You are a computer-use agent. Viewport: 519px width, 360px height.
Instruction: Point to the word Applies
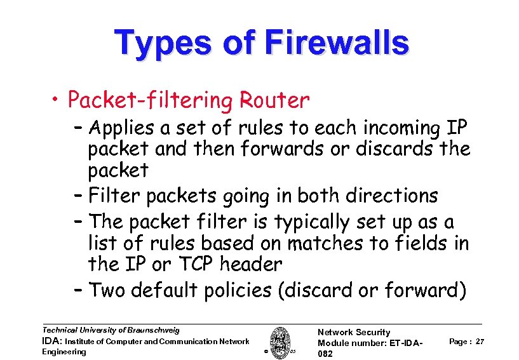click(122, 130)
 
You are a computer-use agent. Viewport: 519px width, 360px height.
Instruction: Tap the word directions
click(386, 196)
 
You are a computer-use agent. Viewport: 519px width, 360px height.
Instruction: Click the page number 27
click(480, 342)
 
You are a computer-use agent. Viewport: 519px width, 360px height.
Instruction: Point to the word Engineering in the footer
click(64, 352)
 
